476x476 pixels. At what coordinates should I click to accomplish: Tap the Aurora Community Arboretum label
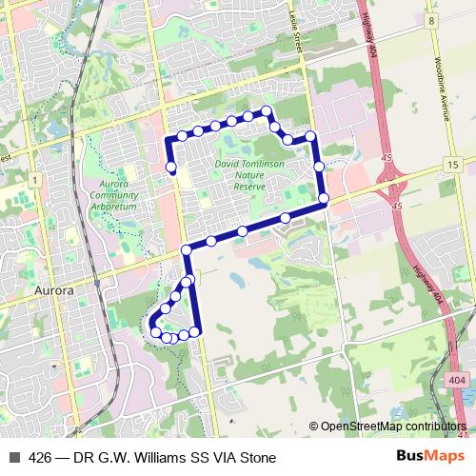coord(114,194)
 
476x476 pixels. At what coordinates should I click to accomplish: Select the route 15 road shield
coord(451,166)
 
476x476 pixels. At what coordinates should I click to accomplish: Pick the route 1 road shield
coord(33,179)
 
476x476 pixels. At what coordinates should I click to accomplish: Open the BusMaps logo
coord(431,457)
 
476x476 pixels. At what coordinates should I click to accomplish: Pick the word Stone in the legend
coord(257,457)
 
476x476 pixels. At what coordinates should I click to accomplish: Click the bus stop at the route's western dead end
coord(172,169)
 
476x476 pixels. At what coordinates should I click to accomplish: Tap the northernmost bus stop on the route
coord(268,112)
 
